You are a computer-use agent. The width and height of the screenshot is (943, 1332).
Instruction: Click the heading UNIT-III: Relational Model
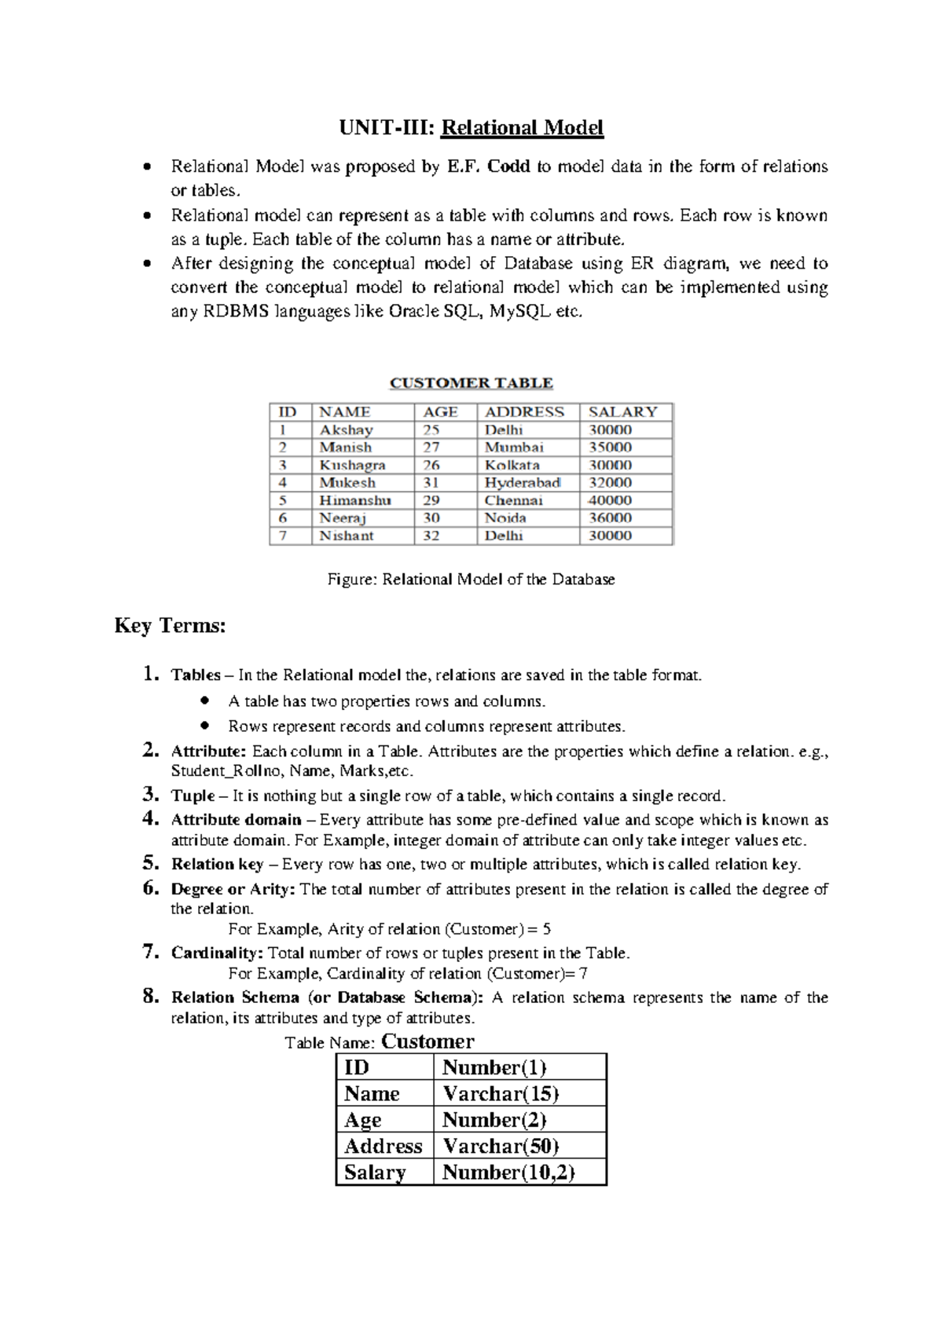471,127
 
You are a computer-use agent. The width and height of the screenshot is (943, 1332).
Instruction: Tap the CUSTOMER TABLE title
471,383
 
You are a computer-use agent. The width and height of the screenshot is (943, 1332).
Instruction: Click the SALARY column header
622,412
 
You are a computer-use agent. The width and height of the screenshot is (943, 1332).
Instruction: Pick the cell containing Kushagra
352,465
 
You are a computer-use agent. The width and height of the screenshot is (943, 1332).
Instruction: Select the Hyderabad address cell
522,483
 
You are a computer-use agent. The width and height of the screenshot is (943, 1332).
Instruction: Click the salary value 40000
610,500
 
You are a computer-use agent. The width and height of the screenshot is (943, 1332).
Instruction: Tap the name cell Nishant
346,536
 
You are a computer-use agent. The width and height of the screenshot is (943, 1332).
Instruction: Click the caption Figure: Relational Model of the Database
471,580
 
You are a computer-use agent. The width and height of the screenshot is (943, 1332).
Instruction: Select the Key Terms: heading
170,626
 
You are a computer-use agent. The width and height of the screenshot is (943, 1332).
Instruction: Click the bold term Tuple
193,796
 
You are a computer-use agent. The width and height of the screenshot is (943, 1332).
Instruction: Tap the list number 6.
151,888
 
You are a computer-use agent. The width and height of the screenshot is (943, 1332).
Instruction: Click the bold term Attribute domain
236,820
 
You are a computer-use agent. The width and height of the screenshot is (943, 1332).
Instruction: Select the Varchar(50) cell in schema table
501,1146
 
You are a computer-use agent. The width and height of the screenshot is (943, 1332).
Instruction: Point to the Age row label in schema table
362,1120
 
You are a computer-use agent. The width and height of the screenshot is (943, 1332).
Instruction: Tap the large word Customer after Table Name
427,1041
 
